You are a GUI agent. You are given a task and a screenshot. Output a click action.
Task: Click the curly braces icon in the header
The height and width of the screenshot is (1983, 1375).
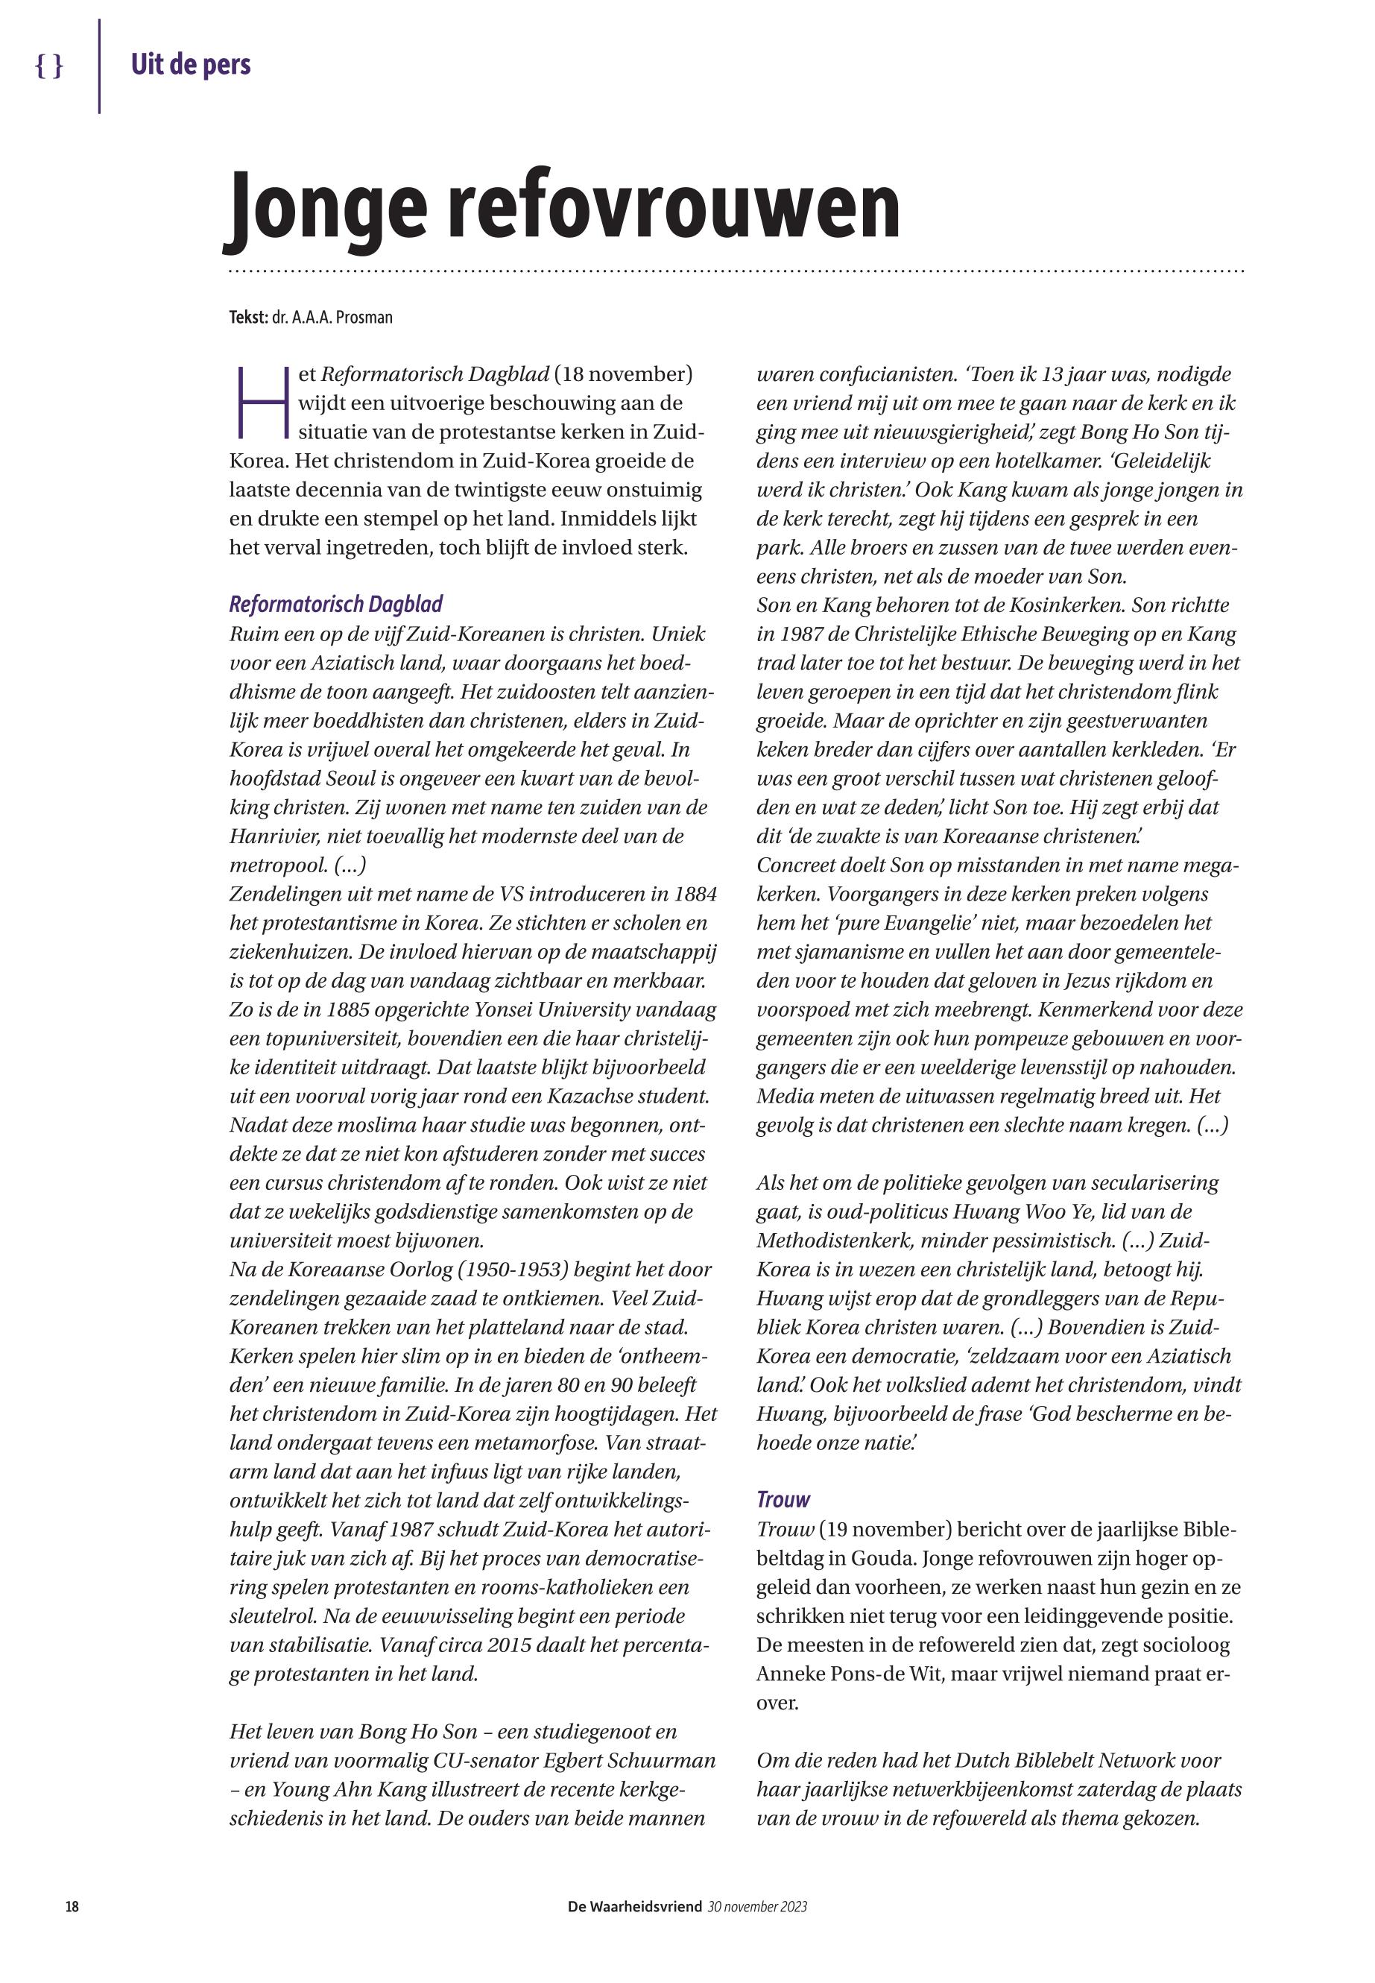pyautogui.click(x=49, y=66)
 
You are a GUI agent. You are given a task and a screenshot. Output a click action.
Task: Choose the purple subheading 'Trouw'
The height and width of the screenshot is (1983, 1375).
pyautogui.click(x=783, y=1499)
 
